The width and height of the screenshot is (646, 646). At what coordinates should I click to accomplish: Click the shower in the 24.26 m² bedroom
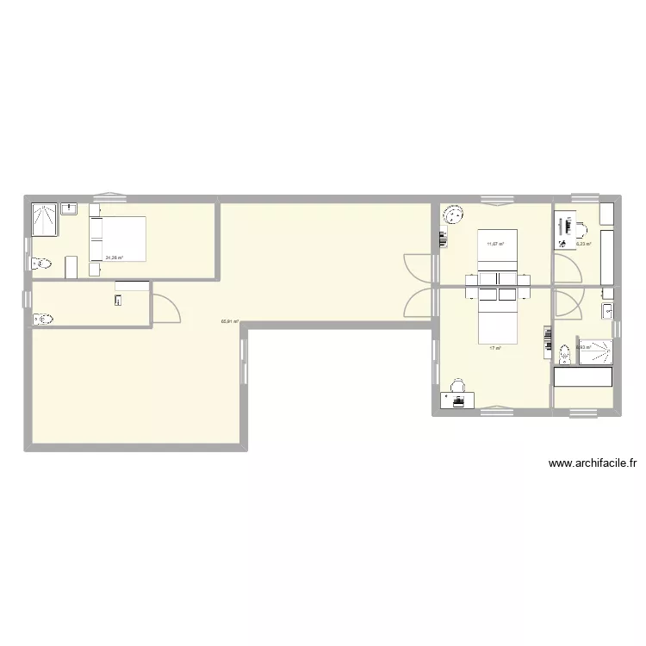pos(44,220)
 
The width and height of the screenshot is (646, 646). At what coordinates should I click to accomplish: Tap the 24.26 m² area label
pos(114,257)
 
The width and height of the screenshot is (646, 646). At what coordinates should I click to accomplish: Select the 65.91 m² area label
pos(229,322)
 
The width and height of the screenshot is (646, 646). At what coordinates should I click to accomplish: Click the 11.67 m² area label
pos(494,244)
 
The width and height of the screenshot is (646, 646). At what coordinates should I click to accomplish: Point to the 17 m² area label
pos(494,348)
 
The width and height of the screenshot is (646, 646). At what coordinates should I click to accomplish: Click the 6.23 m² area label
pos(583,244)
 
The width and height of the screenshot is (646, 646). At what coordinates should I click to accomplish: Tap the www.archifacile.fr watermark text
pos(592,463)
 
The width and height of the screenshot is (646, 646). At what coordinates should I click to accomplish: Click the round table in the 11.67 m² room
pos(452,214)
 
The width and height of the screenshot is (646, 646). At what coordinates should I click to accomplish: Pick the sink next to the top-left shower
pos(70,208)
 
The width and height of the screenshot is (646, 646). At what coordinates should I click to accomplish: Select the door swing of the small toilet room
pos(166,308)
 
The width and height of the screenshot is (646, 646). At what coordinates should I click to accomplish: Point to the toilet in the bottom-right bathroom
pos(565,354)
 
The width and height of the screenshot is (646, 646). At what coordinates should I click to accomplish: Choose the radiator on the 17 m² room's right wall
pos(546,341)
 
